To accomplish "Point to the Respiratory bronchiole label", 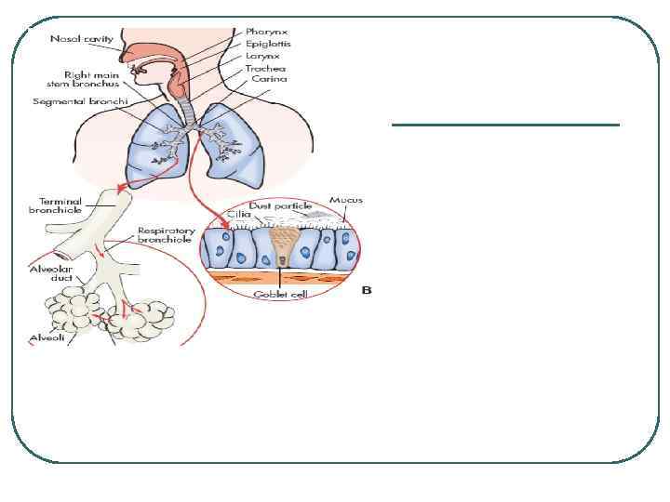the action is pos(166,234).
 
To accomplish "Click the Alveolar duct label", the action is pos(47,274).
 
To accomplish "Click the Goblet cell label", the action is pos(282,294).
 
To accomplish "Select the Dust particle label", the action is pos(281,205).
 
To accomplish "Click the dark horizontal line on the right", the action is pos(505,125).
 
